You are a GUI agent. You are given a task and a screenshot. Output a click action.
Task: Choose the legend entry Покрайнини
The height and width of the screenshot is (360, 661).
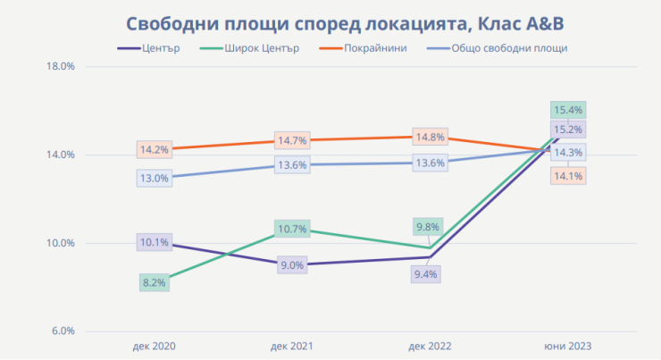pyautogui.click(x=376, y=48)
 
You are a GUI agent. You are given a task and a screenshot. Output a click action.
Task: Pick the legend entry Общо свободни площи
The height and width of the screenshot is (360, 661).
pyautogui.click(x=509, y=48)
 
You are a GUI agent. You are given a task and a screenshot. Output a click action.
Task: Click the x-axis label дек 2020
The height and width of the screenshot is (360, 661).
pyautogui.click(x=154, y=346)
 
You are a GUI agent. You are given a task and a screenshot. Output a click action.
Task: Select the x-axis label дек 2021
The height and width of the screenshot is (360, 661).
pyautogui.click(x=292, y=346)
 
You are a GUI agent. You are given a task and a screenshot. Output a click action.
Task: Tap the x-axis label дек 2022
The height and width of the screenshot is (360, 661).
pyautogui.click(x=431, y=346)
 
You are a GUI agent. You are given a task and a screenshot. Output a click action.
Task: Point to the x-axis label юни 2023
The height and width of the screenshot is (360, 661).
pyautogui.click(x=569, y=346)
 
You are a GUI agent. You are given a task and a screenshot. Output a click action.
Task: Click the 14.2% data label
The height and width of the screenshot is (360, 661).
pyautogui.click(x=154, y=149)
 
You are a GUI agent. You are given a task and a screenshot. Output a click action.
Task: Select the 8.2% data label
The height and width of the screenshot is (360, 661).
pyautogui.click(x=154, y=283)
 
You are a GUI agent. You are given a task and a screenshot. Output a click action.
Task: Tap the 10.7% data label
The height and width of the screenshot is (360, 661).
pyautogui.click(x=292, y=230)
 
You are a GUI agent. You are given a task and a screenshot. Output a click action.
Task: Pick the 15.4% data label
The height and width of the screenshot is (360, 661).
pyautogui.click(x=569, y=111)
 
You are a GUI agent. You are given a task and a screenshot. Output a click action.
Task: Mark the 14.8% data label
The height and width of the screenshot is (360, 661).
pyautogui.click(x=430, y=138)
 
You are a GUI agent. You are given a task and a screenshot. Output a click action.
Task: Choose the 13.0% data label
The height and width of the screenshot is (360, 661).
pyautogui.click(x=154, y=178)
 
